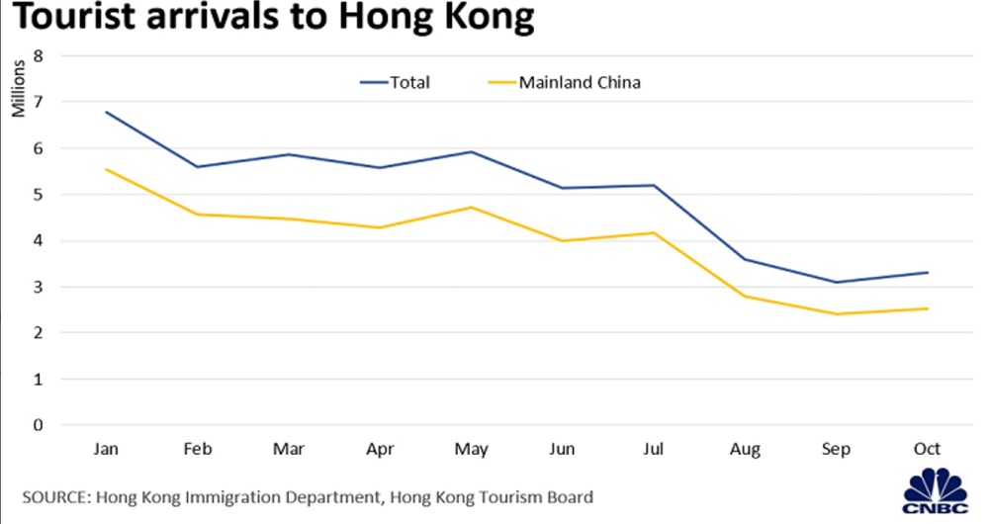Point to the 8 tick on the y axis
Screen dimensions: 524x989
click(x=39, y=55)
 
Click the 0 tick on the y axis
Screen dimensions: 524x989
click(x=39, y=425)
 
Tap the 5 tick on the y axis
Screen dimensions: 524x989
click(x=39, y=194)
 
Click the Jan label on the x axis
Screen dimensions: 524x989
click(x=105, y=450)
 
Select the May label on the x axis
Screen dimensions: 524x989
click(x=471, y=450)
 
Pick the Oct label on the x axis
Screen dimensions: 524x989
click(x=928, y=450)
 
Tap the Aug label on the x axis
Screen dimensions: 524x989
click(x=745, y=450)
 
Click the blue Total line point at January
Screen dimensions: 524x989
click(x=105, y=112)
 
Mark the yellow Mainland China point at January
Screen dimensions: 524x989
click(x=105, y=169)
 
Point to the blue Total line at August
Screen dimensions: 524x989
click(x=745, y=259)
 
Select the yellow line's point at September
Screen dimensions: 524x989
click(x=836, y=314)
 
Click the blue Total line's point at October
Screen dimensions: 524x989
click(x=928, y=272)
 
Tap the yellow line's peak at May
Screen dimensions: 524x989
click(x=471, y=207)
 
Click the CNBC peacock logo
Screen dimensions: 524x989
click(x=936, y=486)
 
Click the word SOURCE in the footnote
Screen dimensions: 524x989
click(x=53, y=497)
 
